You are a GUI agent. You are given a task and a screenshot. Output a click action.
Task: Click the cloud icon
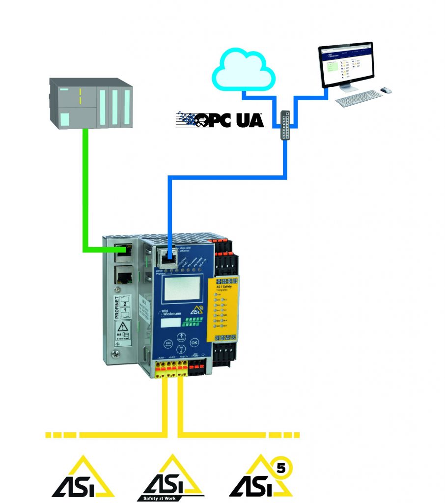(243, 70)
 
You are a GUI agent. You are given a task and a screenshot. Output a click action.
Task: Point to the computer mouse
(386, 90)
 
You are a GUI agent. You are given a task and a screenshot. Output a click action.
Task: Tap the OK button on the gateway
(195, 342)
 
